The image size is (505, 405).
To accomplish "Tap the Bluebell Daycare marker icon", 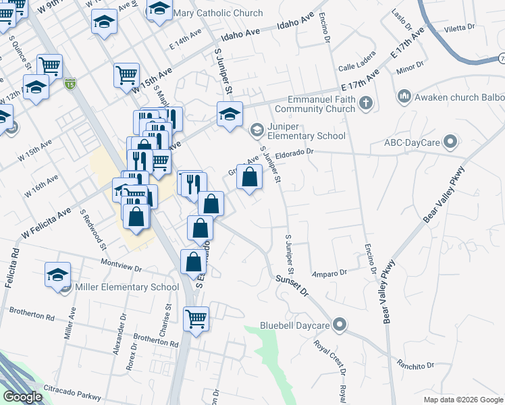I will tap(340, 325).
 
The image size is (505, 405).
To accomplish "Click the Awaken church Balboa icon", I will tap(404, 97).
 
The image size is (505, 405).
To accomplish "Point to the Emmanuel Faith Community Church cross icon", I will tap(366, 103).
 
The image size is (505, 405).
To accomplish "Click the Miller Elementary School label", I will tap(128, 288).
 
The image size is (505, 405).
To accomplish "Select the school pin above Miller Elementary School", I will tap(58, 275).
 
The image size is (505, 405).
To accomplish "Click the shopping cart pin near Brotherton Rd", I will tap(196, 317).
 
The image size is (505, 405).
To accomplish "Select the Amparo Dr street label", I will tap(329, 273).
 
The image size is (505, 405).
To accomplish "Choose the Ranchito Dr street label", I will tap(416, 365).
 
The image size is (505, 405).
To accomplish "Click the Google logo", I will tap(22, 397).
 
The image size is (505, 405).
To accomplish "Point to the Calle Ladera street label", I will tap(357, 67).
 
